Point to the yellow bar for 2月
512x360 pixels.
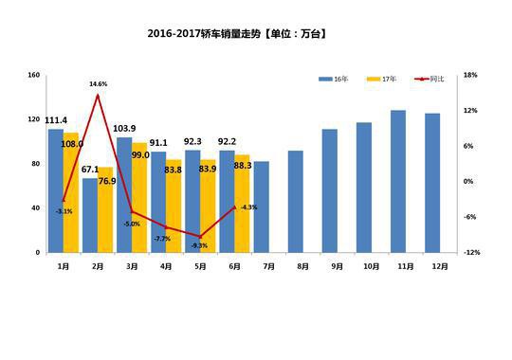[105, 209]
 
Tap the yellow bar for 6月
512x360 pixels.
[243, 204]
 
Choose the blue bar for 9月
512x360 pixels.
[329, 190]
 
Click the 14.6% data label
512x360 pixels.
[98, 84]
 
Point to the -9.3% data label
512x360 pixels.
[199, 245]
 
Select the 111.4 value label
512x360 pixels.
[56, 120]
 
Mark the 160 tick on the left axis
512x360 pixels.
[33, 75]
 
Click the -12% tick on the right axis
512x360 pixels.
[472, 253]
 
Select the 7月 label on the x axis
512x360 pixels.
[262, 267]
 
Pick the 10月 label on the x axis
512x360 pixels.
[364, 267]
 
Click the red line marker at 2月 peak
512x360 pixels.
[98, 95]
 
